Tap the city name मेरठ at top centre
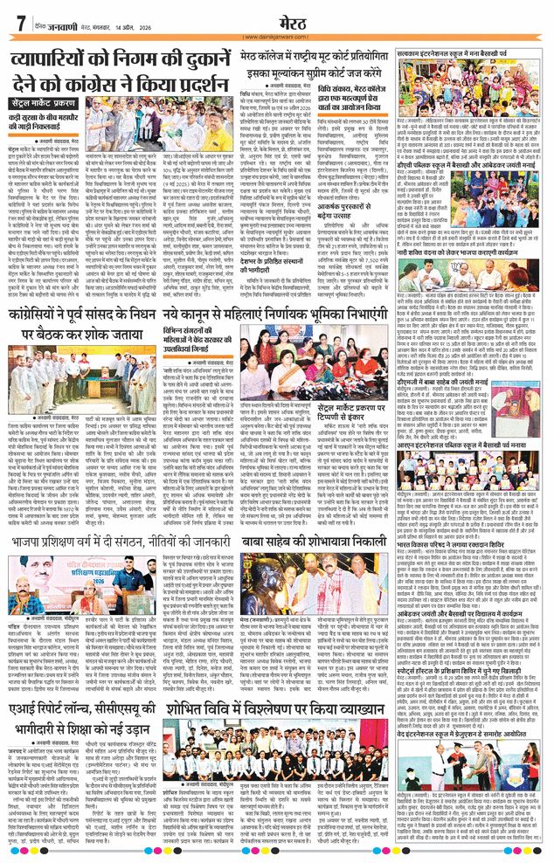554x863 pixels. (x=277, y=18)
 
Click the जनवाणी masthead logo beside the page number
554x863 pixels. (x=54, y=19)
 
